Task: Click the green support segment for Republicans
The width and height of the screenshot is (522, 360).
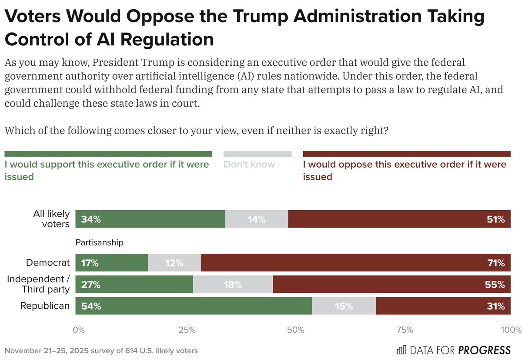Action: [194, 306]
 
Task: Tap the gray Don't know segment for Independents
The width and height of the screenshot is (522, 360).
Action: [233, 285]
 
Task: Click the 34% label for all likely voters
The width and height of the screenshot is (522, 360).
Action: [91, 219]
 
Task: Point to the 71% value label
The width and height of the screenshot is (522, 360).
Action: [496, 263]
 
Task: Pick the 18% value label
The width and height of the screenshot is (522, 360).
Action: [233, 285]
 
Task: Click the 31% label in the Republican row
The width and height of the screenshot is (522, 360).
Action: [496, 306]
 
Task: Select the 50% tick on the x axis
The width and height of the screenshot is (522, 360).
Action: [295, 330]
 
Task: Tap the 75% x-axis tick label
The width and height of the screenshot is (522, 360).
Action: [405, 330]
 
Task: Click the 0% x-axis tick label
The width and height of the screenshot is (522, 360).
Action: [79, 330]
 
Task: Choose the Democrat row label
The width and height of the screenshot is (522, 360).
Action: [48, 263]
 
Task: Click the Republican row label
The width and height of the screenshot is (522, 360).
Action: [45, 306]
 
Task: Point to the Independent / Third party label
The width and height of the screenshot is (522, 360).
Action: [38, 284]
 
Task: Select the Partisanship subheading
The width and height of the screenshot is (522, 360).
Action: [100, 242]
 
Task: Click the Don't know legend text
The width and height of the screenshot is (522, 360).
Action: [249, 165]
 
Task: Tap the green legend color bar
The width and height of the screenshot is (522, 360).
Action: [108, 154]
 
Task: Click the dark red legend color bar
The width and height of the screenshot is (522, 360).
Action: [406, 154]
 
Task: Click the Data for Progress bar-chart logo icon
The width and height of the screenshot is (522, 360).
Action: [402, 350]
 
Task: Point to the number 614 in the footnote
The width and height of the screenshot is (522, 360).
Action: [131, 350]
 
